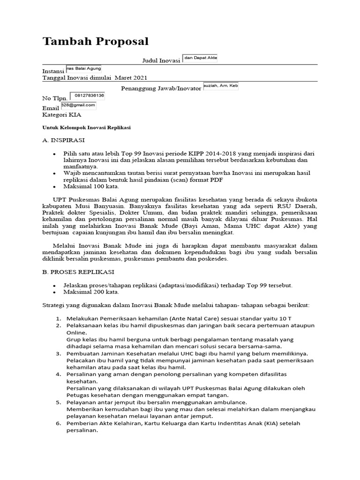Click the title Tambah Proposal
tap(95, 41)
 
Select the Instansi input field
tap(83, 68)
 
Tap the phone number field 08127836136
tap(87, 96)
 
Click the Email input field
tap(78, 105)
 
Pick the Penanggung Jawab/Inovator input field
tap(221, 86)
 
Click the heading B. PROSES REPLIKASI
tap(78, 271)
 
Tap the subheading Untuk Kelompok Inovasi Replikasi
tap(86, 127)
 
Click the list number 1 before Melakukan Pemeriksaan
tap(59, 318)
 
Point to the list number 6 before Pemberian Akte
tap(59, 423)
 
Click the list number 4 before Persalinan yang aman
tap(59, 375)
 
